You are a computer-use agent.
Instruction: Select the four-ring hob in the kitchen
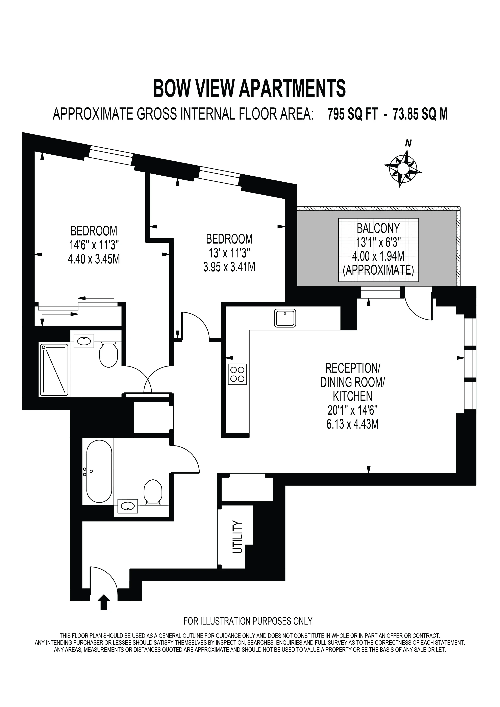[x=237, y=374]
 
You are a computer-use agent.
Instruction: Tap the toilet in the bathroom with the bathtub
[x=153, y=492]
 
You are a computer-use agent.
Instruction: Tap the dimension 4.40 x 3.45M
[x=94, y=259]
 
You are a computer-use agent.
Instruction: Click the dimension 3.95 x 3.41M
[x=229, y=267]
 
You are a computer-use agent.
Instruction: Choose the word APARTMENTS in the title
[x=293, y=88]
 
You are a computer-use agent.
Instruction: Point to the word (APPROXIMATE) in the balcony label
[x=378, y=270]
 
